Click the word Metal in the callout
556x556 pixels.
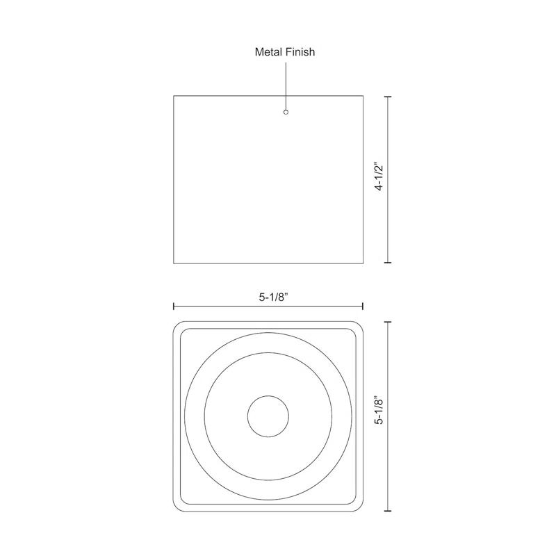click(269, 51)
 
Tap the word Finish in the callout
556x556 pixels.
click(300, 51)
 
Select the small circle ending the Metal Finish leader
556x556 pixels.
click(286, 112)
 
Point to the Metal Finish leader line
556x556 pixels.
click(286, 83)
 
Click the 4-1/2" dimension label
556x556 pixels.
click(379, 177)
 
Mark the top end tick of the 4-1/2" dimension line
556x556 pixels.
click(388, 96)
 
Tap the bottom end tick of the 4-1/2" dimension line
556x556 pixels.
click(388, 263)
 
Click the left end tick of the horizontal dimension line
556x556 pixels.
click(174, 306)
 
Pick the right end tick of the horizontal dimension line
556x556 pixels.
click(363, 306)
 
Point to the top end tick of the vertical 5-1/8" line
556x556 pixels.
click(388, 321)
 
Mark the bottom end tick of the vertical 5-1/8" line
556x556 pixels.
click(388, 509)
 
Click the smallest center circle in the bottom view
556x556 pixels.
click(268, 416)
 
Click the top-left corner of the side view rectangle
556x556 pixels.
click(174, 96)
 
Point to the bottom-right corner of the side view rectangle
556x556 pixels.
click(363, 263)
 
